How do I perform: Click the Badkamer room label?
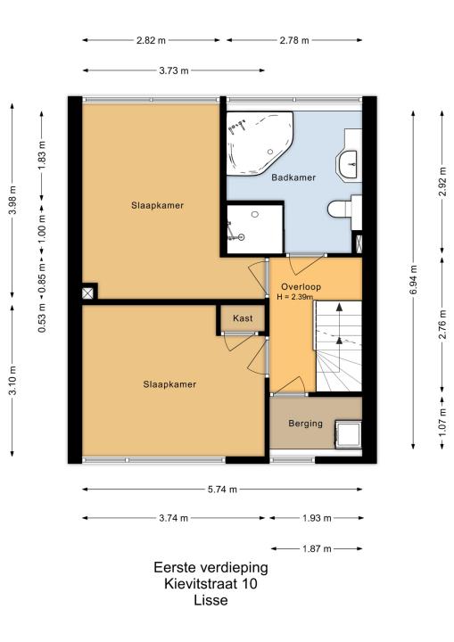pos(293,177)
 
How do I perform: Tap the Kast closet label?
pos(243,318)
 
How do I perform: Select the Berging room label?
pos(305,424)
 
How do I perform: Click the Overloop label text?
pos(301,286)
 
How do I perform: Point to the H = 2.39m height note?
pos(294,297)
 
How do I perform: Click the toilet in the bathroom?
pos(339,209)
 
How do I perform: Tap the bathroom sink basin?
pos(348,164)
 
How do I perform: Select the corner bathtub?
pos(259,143)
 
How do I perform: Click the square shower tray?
pos(255,229)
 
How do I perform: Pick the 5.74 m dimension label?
pos(222,490)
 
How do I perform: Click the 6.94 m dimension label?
pos(414,279)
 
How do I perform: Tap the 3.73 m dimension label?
pos(174,70)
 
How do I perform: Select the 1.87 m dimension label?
pos(317,548)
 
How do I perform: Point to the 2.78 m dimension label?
pos(294,40)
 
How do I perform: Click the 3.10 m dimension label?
pos(12,381)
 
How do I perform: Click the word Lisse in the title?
pos(210,600)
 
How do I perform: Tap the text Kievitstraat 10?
pos(210,583)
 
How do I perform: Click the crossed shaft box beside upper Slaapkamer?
pos(88,293)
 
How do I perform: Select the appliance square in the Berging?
pos(348,434)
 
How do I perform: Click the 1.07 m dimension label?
pos(442,423)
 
